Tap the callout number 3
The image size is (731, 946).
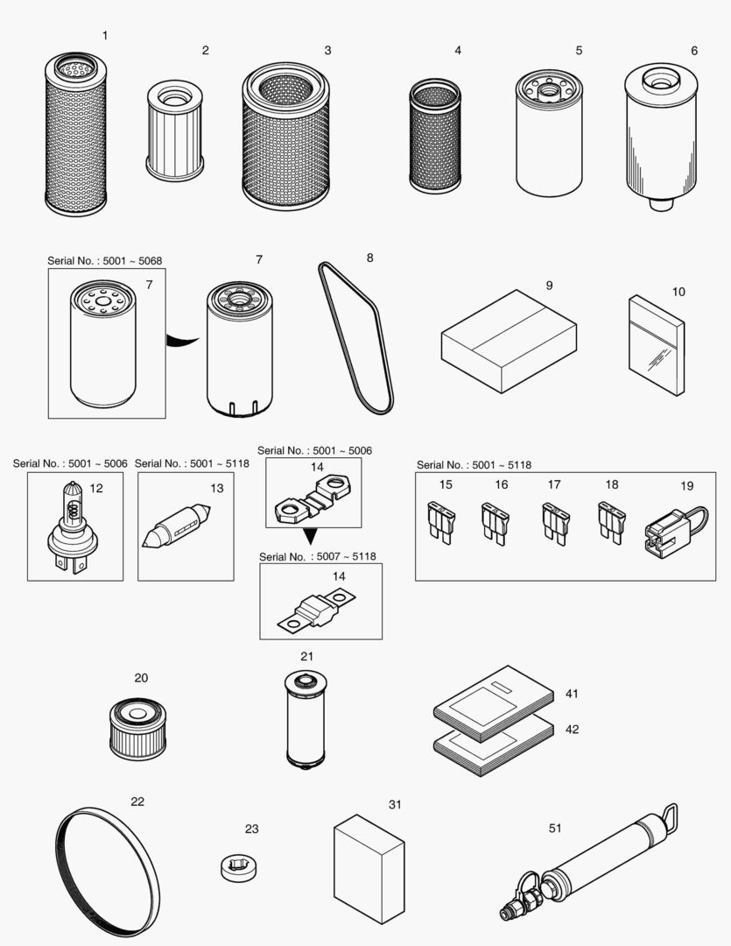(327, 51)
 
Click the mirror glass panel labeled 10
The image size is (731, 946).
(656, 345)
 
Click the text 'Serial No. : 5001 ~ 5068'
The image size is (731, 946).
(104, 261)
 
